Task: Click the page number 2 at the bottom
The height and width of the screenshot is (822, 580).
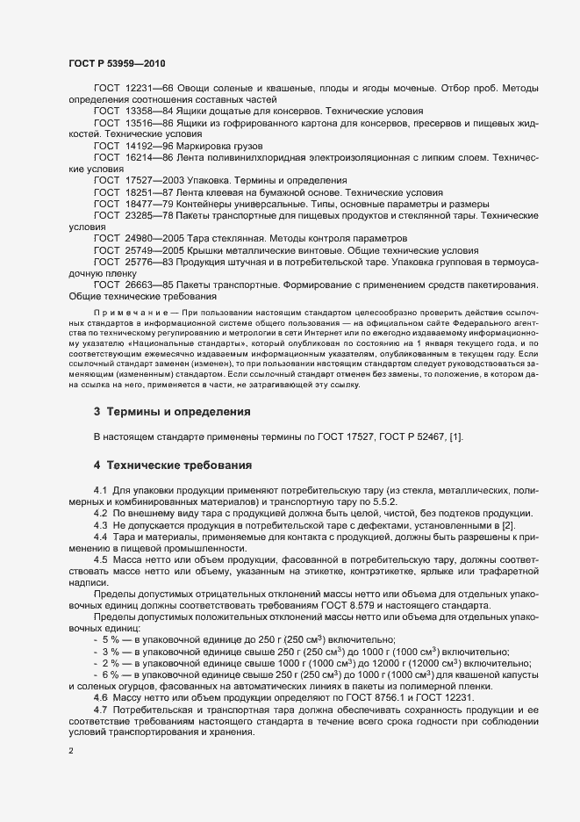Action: pos(71,751)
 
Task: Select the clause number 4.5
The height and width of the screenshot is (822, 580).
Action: pos(101,559)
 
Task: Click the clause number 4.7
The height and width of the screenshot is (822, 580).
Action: pos(101,707)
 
